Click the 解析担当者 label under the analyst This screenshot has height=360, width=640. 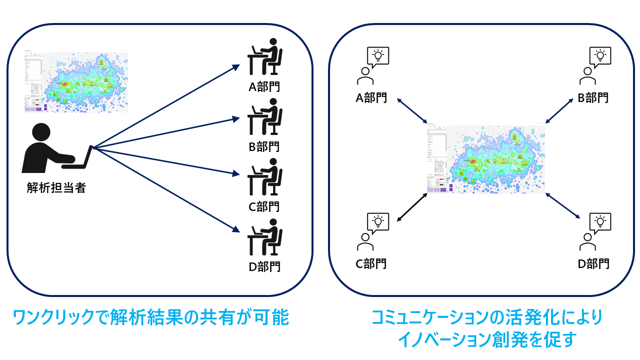(56, 188)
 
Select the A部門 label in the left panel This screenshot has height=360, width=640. (264, 87)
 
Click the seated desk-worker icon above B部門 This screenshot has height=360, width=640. (265, 116)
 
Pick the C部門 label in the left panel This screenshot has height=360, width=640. (264, 206)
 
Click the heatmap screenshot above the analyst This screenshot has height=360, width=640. (76, 81)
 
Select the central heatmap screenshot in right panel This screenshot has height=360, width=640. (485, 159)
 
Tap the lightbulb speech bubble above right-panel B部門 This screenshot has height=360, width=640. (600, 57)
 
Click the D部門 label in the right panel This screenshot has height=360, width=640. (593, 263)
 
